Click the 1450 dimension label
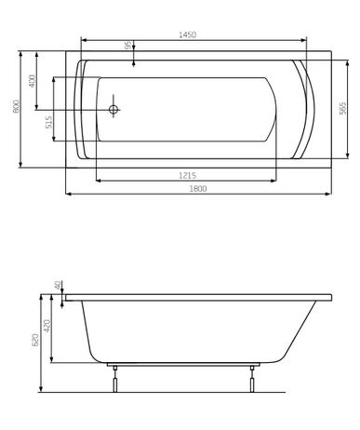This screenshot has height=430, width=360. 188,34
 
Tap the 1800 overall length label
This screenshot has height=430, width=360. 198,188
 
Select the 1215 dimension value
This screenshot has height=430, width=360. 187,176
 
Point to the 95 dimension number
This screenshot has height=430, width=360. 127,45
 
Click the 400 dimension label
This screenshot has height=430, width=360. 33,81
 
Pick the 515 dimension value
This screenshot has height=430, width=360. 49,123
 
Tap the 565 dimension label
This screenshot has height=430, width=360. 342,108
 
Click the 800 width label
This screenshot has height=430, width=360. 16,106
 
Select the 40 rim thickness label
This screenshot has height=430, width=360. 58,286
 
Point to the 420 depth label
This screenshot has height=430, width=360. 47,326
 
